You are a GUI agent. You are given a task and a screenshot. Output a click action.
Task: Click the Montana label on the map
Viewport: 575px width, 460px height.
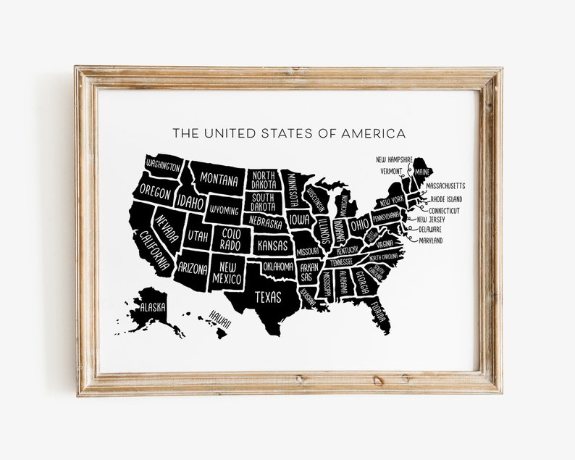pos(219,180)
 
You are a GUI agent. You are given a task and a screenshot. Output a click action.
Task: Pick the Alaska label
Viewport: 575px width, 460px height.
pos(153,306)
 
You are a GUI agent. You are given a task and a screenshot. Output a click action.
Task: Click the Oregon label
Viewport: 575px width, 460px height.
pos(155,193)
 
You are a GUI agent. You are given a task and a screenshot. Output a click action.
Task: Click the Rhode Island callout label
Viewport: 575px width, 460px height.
pos(446,198)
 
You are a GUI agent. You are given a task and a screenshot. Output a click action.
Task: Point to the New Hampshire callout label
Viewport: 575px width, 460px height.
pos(394,159)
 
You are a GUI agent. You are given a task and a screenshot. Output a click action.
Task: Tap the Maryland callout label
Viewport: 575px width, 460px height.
pos(430,241)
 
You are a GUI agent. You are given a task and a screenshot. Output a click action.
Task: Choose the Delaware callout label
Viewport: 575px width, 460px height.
pos(429,229)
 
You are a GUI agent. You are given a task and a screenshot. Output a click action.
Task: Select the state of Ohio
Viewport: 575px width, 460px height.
pos(359,224)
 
